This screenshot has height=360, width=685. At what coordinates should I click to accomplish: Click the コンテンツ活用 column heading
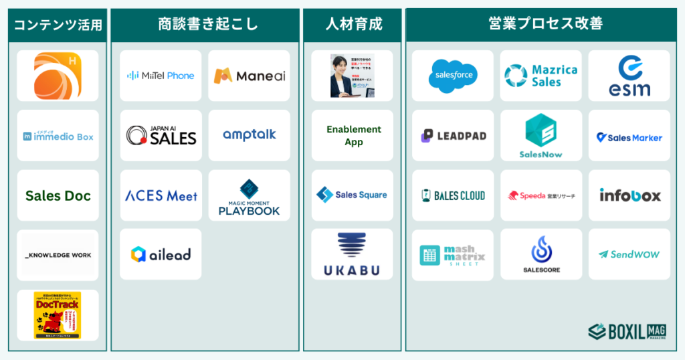tap(58, 25)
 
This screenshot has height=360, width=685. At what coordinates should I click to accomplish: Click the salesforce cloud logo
tap(453, 76)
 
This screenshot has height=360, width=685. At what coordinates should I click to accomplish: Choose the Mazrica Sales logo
tap(541, 76)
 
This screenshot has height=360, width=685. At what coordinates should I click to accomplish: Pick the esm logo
tap(629, 76)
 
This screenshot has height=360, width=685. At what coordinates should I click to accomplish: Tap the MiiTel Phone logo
tap(161, 76)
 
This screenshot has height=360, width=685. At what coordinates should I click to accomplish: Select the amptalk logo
tap(249, 135)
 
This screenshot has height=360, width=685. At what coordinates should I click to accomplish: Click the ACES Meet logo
tap(161, 195)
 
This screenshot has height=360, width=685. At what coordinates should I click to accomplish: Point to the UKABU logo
tap(353, 255)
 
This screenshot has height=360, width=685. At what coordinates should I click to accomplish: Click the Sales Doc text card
tap(58, 196)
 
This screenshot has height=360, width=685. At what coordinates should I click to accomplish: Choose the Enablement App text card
tap(353, 135)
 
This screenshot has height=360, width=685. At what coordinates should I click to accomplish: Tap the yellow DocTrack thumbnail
tap(58, 314)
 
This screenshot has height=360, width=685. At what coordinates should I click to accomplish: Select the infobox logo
tap(629, 195)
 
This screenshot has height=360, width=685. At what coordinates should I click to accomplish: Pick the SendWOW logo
tap(629, 255)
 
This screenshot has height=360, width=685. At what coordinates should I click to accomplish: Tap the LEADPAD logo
tap(453, 136)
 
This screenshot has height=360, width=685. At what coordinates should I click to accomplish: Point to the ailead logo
tap(161, 254)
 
